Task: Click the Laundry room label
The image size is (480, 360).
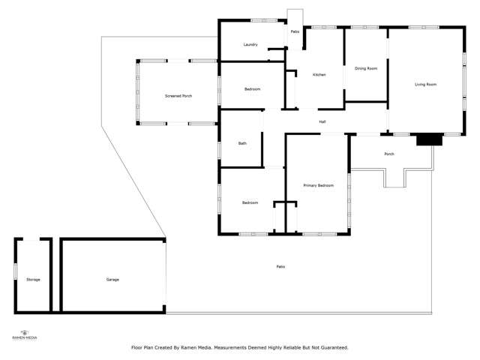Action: (250, 45)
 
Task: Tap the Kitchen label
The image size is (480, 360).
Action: (319, 75)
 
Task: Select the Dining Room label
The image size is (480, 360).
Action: (365, 69)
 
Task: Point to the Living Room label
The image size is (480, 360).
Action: (425, 84)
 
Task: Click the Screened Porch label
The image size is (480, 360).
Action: (178, 96)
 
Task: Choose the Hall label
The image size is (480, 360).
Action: (322, 121)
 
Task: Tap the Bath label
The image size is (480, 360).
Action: (242, 143)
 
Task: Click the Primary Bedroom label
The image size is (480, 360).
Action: (318, 185)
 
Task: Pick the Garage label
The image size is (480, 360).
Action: (112, 280)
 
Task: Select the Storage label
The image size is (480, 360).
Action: (33, 280)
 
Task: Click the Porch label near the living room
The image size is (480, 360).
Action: (389, 154)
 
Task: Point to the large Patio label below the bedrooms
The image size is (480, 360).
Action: (280, 267)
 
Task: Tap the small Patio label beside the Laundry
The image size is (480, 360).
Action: (295, 32)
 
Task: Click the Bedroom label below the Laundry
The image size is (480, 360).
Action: (252, 90)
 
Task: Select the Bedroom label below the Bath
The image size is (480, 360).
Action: (250, 203)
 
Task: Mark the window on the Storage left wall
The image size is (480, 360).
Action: (16, 271)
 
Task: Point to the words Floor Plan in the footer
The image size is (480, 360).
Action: (142, 348)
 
